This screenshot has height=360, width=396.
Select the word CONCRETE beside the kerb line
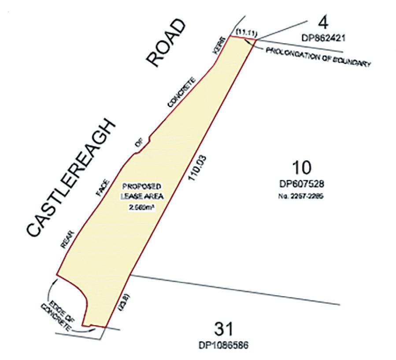(x=181, y=92)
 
